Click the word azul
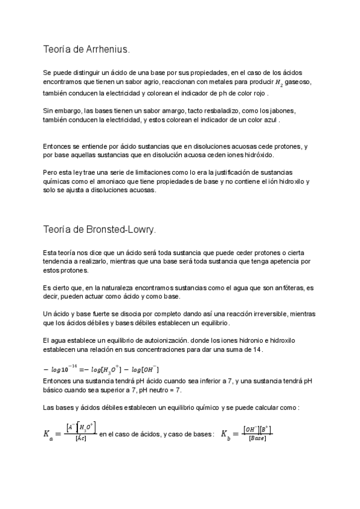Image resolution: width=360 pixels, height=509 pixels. pyautogui.click(x=269, y=119)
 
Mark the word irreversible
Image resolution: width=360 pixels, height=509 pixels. pyautogui.click(x=253, y=314)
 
